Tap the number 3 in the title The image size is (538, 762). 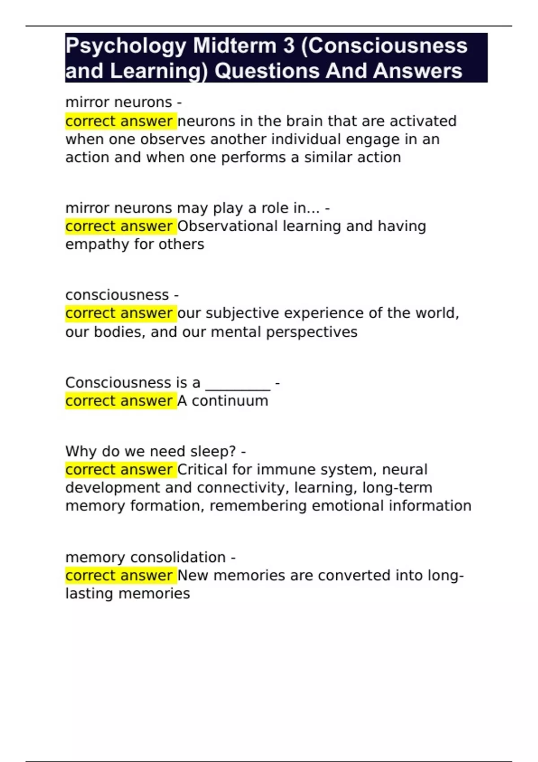point(286,46)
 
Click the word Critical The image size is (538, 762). point(202,469)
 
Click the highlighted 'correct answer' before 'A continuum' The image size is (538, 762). point(119,401)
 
